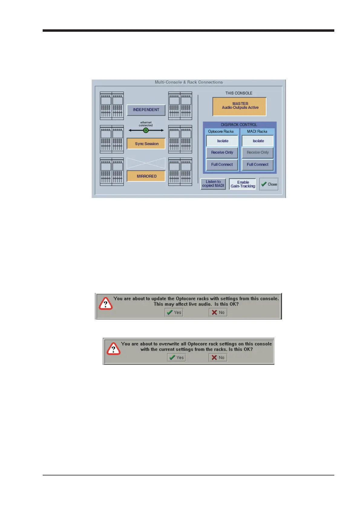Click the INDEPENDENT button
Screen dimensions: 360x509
[146, 110]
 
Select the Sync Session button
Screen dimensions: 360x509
[146, 144]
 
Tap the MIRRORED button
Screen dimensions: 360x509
[146, 176]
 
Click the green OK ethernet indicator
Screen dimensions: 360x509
[146, 130]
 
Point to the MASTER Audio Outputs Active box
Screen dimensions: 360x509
[239, 106]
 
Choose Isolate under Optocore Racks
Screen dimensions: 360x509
[222, 141]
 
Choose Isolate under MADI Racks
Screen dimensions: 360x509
[258, 141]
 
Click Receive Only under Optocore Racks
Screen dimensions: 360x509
[222, 153]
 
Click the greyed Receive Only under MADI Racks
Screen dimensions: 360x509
[257, 153]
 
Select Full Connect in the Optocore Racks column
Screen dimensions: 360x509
[222, 165]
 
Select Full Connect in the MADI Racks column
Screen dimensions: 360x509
[257, 165]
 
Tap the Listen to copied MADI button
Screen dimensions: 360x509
[213, 184]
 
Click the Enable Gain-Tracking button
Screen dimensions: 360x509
[243, 184]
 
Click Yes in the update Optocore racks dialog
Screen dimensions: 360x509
[174, 313]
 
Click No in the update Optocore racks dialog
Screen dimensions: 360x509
[218, 313]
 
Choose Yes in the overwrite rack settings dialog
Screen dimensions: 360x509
[176, 358]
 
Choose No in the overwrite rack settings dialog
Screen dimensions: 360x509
[218, 358]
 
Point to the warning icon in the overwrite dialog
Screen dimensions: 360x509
[113, 349]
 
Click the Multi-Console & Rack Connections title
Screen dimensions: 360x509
[188, 82]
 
